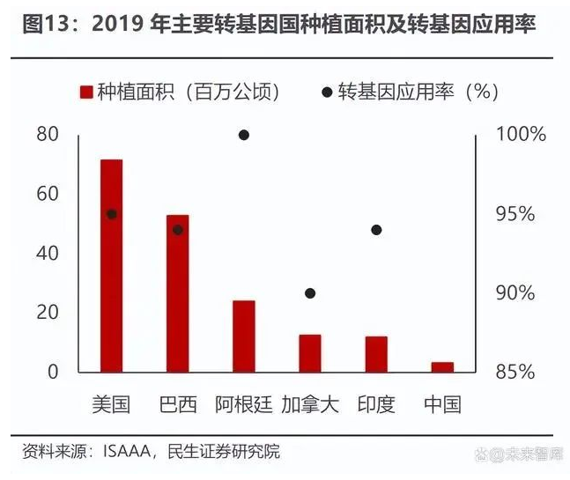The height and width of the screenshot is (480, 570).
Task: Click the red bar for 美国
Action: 112,264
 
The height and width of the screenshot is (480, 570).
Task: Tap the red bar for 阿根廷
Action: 244,336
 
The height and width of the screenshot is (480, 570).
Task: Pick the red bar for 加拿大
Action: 310,352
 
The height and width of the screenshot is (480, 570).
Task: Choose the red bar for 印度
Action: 376,353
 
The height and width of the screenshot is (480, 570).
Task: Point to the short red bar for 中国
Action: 442,366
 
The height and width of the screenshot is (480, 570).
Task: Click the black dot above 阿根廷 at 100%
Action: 244,135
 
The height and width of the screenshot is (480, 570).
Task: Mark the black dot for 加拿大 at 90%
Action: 310,293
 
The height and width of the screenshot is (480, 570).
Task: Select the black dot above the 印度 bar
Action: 376,230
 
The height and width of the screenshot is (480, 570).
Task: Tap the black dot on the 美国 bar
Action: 112,214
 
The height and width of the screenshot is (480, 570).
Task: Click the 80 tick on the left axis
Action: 48,135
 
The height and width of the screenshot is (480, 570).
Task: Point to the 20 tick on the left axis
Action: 48,313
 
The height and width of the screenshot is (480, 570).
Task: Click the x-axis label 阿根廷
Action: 244,405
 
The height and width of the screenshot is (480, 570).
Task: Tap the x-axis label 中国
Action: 442,405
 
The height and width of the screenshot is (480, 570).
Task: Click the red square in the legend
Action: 86,91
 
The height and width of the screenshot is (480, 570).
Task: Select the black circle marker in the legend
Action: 327,91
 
